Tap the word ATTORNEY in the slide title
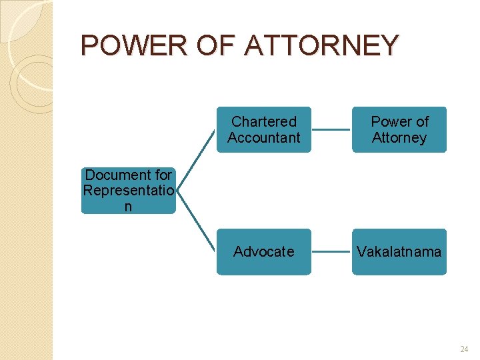[x=321, y=45]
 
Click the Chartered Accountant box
[x=264, y=130]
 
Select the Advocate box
[x=264, y=251]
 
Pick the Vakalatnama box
[x=399, y=251]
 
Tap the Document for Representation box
[x=129, y=191]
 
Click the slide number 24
[x=464, y=349]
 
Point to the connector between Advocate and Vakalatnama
[x=331, y=252]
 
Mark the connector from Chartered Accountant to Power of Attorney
[x=331, y=130]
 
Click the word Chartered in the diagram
[x=264, y=121]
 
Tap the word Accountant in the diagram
[x=264, y=138]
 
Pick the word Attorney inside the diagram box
[x=399, y=138]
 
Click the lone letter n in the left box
[x=128, y=207]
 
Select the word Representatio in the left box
[x=129, y=191]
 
